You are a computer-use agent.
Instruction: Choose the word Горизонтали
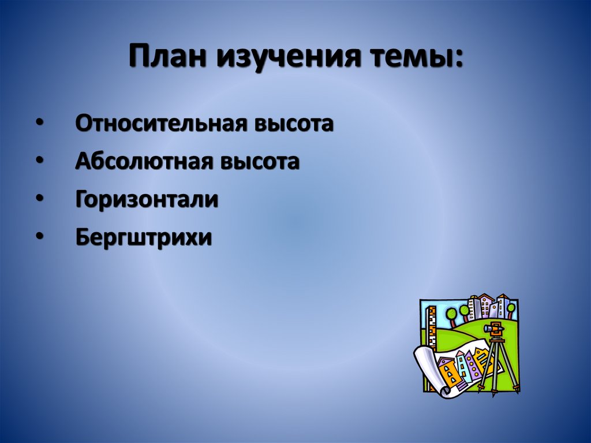(147, 200)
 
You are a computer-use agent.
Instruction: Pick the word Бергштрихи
(143, 237)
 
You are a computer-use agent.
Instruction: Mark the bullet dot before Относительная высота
(39, 123)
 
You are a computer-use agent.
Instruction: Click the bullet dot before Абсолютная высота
(39, 161)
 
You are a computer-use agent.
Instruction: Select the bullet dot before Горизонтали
(39, 199)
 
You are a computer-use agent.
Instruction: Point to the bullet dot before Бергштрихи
(39, 237)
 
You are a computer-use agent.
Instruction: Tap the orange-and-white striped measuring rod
(431, 327)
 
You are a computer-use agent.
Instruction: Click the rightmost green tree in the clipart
(510, 310)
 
